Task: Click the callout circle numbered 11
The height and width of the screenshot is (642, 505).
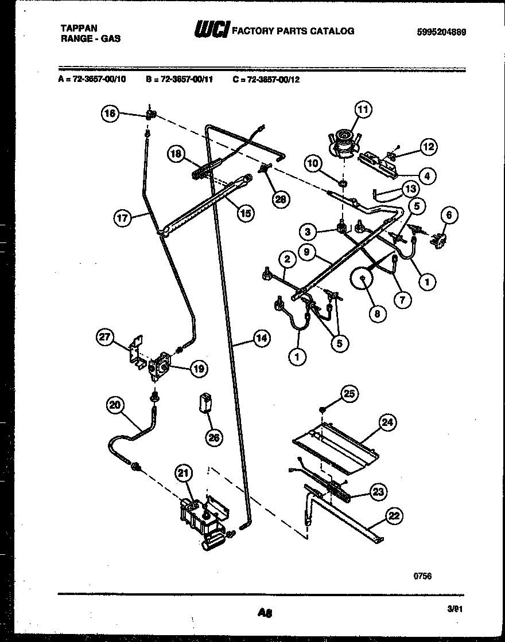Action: tap(363, 109)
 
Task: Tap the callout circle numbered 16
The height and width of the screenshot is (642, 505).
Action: tap(110, 114)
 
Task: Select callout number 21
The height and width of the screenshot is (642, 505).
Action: tap(183, 473)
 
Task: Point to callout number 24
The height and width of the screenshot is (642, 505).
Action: tap(388, 423)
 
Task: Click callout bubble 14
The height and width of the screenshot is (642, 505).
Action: tap(261, 338)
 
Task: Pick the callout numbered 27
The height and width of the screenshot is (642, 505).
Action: tap(105, 337)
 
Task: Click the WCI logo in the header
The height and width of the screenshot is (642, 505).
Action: tap(212, 30)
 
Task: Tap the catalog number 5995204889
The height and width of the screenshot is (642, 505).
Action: tap(441, 32)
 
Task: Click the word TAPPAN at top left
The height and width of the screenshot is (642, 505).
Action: tap(79, 28)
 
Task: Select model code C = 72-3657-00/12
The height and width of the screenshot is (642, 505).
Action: tap(266, 80)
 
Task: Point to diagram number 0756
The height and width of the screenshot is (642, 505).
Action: tap(422, 576)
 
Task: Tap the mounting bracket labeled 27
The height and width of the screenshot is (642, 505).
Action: tap(136, 351)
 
